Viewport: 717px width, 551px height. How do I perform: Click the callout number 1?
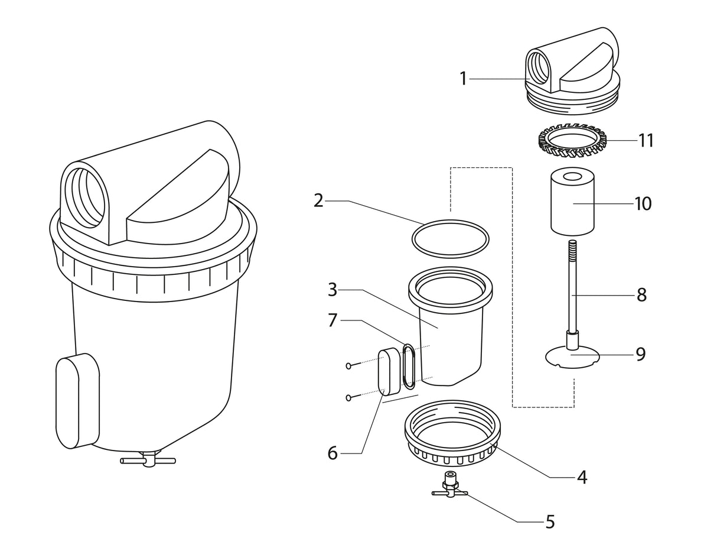(x=464, y=78)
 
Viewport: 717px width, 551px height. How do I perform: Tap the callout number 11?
(x=646, y=141)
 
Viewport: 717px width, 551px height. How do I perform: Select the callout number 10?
(x=643, y=203)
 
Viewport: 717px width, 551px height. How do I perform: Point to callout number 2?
(x=318, y=200)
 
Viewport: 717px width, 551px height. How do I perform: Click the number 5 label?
(x=550, y=521)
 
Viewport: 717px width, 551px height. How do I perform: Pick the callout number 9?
(x=641, y=354)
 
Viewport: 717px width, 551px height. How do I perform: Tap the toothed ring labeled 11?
(x=572, y=144)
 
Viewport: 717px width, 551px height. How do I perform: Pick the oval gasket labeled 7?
(x=409, y=367)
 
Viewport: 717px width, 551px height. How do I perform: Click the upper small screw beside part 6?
(x=349, y=366)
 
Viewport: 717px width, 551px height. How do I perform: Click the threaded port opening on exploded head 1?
(x=538, y=67)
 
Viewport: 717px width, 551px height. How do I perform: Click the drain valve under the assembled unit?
(x=148, y=460)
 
